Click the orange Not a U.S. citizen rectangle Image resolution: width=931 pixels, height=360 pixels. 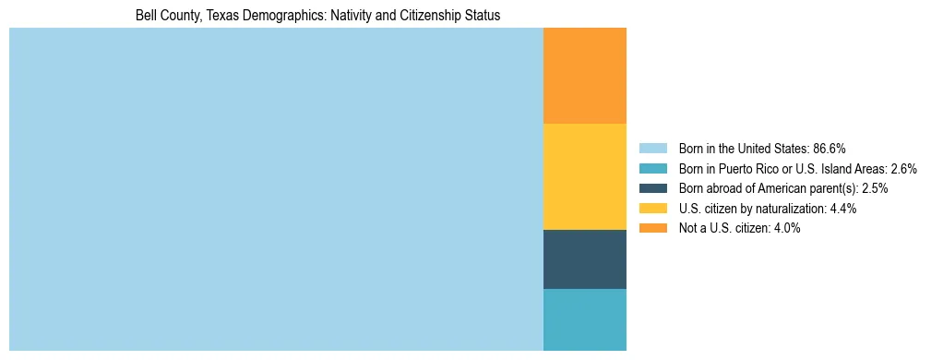(584, 76)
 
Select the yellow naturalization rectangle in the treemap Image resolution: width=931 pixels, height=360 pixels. (584, 176)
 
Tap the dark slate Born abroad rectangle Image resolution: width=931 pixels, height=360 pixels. (584, 258)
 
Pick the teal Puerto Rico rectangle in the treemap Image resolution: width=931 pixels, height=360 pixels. (584, 319)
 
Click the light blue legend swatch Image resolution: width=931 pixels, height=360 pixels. (652, 149)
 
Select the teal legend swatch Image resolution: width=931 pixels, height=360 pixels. (652, 169)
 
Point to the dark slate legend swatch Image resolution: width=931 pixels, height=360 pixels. (652, 188)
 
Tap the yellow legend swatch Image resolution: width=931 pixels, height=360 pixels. (652, 209)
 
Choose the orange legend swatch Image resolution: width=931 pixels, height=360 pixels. (652, 228)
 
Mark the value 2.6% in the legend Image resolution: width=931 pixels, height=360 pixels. (903, 169)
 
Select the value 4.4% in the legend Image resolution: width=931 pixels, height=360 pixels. (842, 209)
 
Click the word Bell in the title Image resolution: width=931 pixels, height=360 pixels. (146, 16)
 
